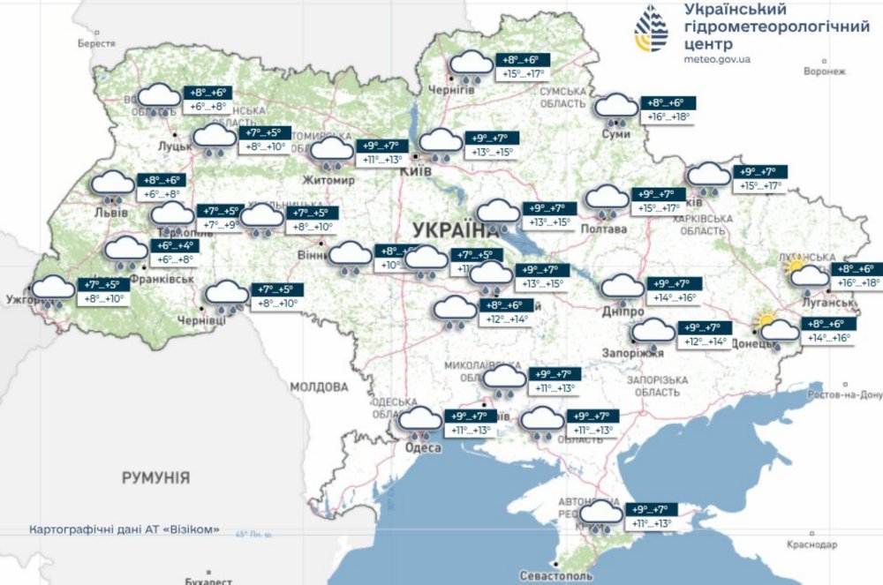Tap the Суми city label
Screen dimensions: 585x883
coord(615,133)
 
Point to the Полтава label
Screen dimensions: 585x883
coord(604,229)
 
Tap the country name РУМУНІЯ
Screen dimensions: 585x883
coord(155,477)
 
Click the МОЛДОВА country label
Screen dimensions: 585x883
coord(319,386)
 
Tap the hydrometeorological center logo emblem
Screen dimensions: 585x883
coord(652,31)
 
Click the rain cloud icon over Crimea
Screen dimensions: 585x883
coord(601,515)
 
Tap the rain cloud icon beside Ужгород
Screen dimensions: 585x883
coord(53,290)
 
